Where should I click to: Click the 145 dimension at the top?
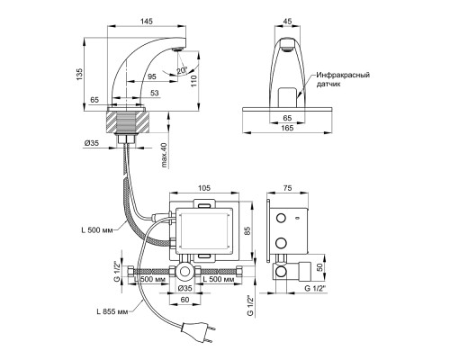click(x=147, y=21)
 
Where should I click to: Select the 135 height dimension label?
click(x=79, y=74)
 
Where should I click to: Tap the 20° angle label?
click(x=182, y=70)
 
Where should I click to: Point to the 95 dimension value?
click(x=152, y=76)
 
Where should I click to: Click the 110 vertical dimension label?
click(x=193, y=81)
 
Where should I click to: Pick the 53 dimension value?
click(x=155, y=93)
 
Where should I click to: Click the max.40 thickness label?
click(x=164, y=155)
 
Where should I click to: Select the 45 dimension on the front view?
click(x=287, y=22)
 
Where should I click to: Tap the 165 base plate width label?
click(x=287, y=128)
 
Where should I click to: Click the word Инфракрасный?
click(x=343, y=75)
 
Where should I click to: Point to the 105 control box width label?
click(x=204, y=188)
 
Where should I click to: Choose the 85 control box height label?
click(x=247, y=229)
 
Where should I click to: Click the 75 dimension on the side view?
click(x=287, y=188)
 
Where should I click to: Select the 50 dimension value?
click(x=319, y=266)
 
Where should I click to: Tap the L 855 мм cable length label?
click(x=112, y=311)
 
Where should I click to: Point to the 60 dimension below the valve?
click(x=185, y=299)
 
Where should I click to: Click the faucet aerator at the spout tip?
click(x=178, y=49)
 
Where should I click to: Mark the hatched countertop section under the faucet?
click(x=127, y=121)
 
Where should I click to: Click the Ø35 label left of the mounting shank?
click(x=92, y=143)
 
